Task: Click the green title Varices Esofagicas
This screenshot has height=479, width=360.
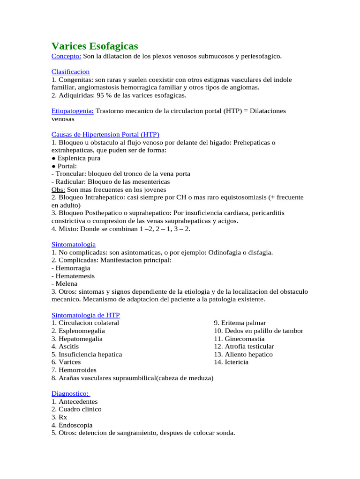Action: [x=94, y=46]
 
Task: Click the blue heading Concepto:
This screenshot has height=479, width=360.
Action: [x=66, y=56]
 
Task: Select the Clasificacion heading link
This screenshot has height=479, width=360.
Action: [x=70, y=72]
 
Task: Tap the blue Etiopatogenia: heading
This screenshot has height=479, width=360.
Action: [x=72, y=111]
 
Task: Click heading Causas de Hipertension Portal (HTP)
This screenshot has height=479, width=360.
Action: [x=105, y=134]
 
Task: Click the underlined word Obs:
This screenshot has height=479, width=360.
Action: [x=58, y=189]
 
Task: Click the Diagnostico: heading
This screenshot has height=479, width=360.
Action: [x=70, y=393]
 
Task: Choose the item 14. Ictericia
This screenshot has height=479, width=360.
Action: [x=231, y=362]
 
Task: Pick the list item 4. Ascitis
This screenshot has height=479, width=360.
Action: [x=65, y=347]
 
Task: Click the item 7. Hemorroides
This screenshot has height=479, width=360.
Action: [x=74, y=370]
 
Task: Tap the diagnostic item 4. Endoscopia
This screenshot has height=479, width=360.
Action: [x=72, y=425]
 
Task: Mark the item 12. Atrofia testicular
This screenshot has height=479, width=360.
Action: [x=244, y=347]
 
